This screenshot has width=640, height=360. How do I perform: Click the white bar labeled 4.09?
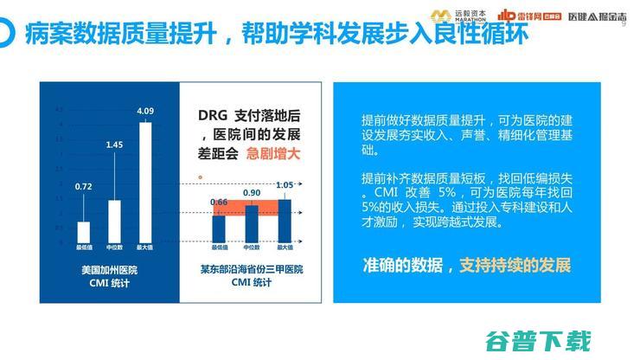point(145,182)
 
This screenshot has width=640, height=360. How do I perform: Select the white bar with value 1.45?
point(114,220)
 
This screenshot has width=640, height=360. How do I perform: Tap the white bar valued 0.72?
point(84,231)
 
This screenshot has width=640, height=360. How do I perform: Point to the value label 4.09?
point(145,111)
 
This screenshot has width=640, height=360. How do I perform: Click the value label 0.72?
point(84,186)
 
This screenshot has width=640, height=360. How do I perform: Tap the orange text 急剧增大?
point(273,157)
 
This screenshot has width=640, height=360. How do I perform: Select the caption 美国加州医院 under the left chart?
point(109,270)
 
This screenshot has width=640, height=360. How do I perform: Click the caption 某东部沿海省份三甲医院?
point(253,270)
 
